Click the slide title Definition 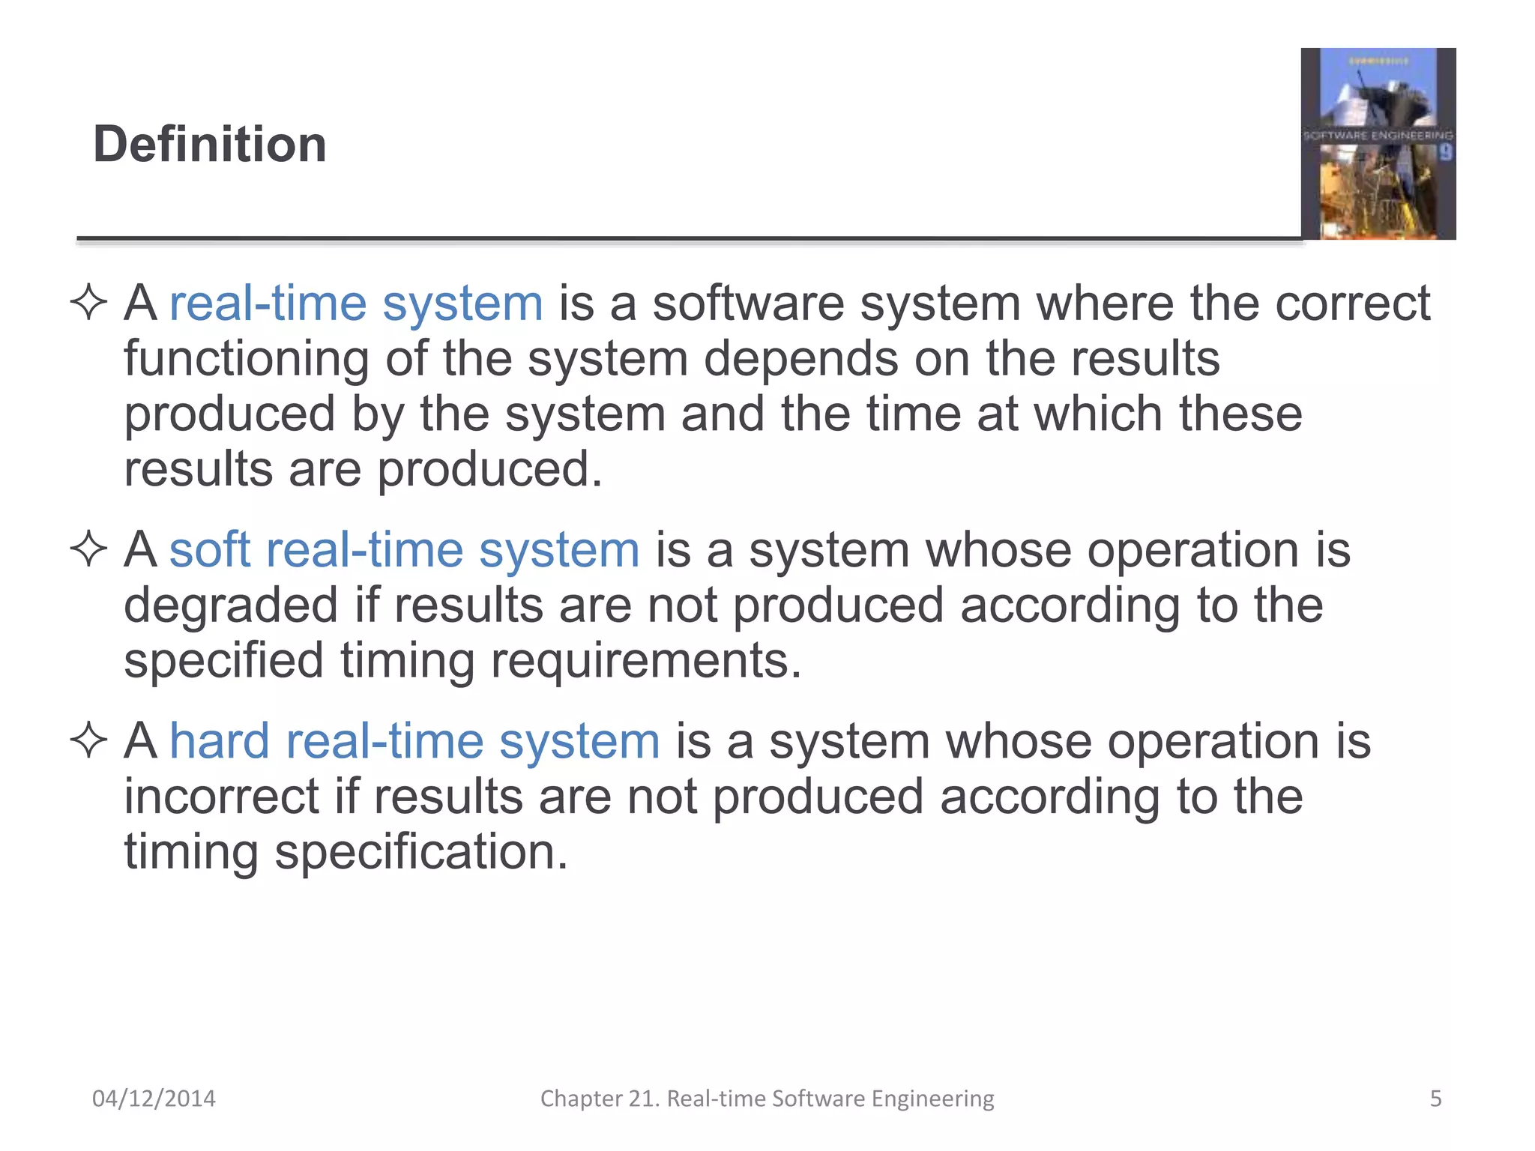coord(210,144)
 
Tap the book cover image coord(1378,144)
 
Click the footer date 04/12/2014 coord(154,1099)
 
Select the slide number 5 coord(1435,1099)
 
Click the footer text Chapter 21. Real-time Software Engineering coord(767,1099)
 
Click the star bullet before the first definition coord(89,303)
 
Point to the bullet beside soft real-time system coord(89,550)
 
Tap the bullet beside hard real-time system coord(89,741)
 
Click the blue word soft coord(210,550)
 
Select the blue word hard coord(219,741)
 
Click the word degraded coord(231,605)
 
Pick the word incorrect coord(221,797)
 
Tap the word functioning coord(247,359)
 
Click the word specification coord(421,852)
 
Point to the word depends coord(800,359)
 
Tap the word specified coord(223,661)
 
